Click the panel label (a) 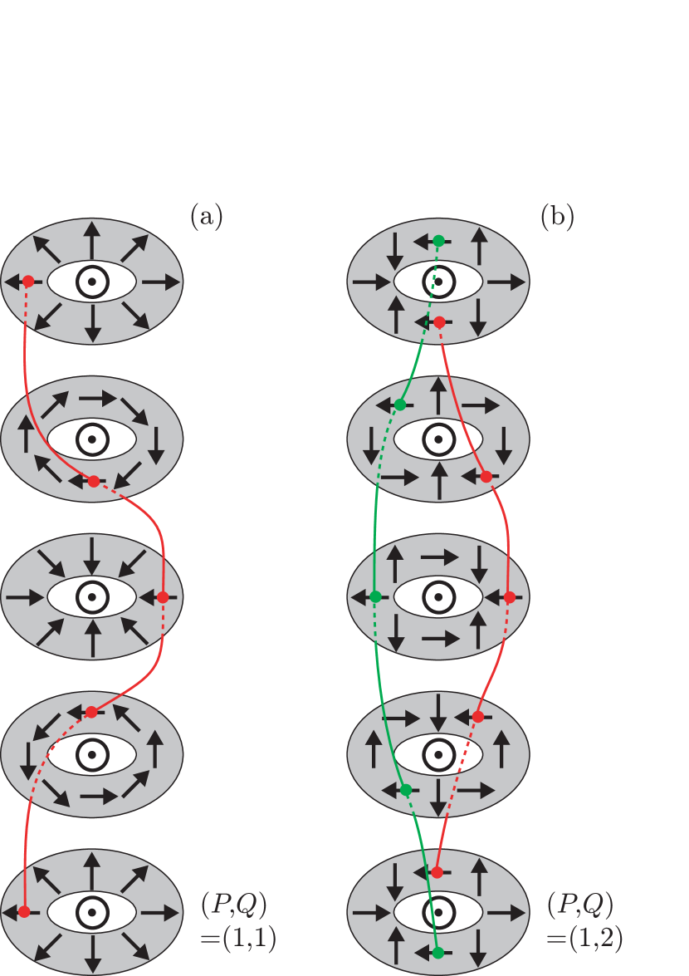(x=206, y=217)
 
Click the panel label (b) (x=557, y=217)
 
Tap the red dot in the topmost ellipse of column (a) (x=27, y=282)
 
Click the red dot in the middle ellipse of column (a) (x=163, y=596)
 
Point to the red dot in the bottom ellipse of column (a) (x=24, y=912)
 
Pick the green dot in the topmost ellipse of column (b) (x=438, y=240)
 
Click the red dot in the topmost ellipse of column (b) (x=439, y=321)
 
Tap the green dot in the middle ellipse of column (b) (x=375, y=596)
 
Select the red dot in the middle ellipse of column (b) (x=510, y=596)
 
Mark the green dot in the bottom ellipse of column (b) (x=437, y=952)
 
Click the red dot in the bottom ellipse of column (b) (x=437, y=872)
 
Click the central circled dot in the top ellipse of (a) (x=92, y=282)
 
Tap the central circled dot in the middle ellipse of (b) (x=438, y=596)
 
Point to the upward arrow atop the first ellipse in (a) (x=92, y=236)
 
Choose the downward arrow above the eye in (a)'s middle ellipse (x=92, y=553)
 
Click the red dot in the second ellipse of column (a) (x=93, y=481)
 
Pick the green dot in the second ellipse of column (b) (x=400, y=405)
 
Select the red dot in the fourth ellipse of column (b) (x=478, y=716)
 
